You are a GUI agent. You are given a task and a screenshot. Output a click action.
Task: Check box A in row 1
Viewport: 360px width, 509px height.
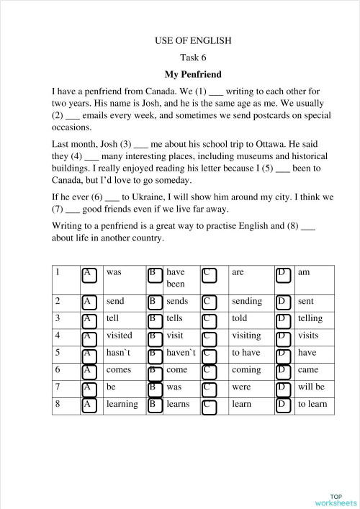(89, 274)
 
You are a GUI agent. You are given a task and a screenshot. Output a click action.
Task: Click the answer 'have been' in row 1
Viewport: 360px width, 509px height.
(176, 279)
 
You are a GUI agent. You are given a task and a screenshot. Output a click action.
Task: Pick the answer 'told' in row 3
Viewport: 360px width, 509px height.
(240, 318)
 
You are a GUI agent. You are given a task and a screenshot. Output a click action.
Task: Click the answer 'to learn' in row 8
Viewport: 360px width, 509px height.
(312, 404)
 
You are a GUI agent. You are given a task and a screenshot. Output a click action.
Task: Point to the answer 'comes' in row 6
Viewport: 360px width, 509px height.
(118, 370)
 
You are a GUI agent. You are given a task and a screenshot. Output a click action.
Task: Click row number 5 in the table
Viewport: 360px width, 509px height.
(58, 353)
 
